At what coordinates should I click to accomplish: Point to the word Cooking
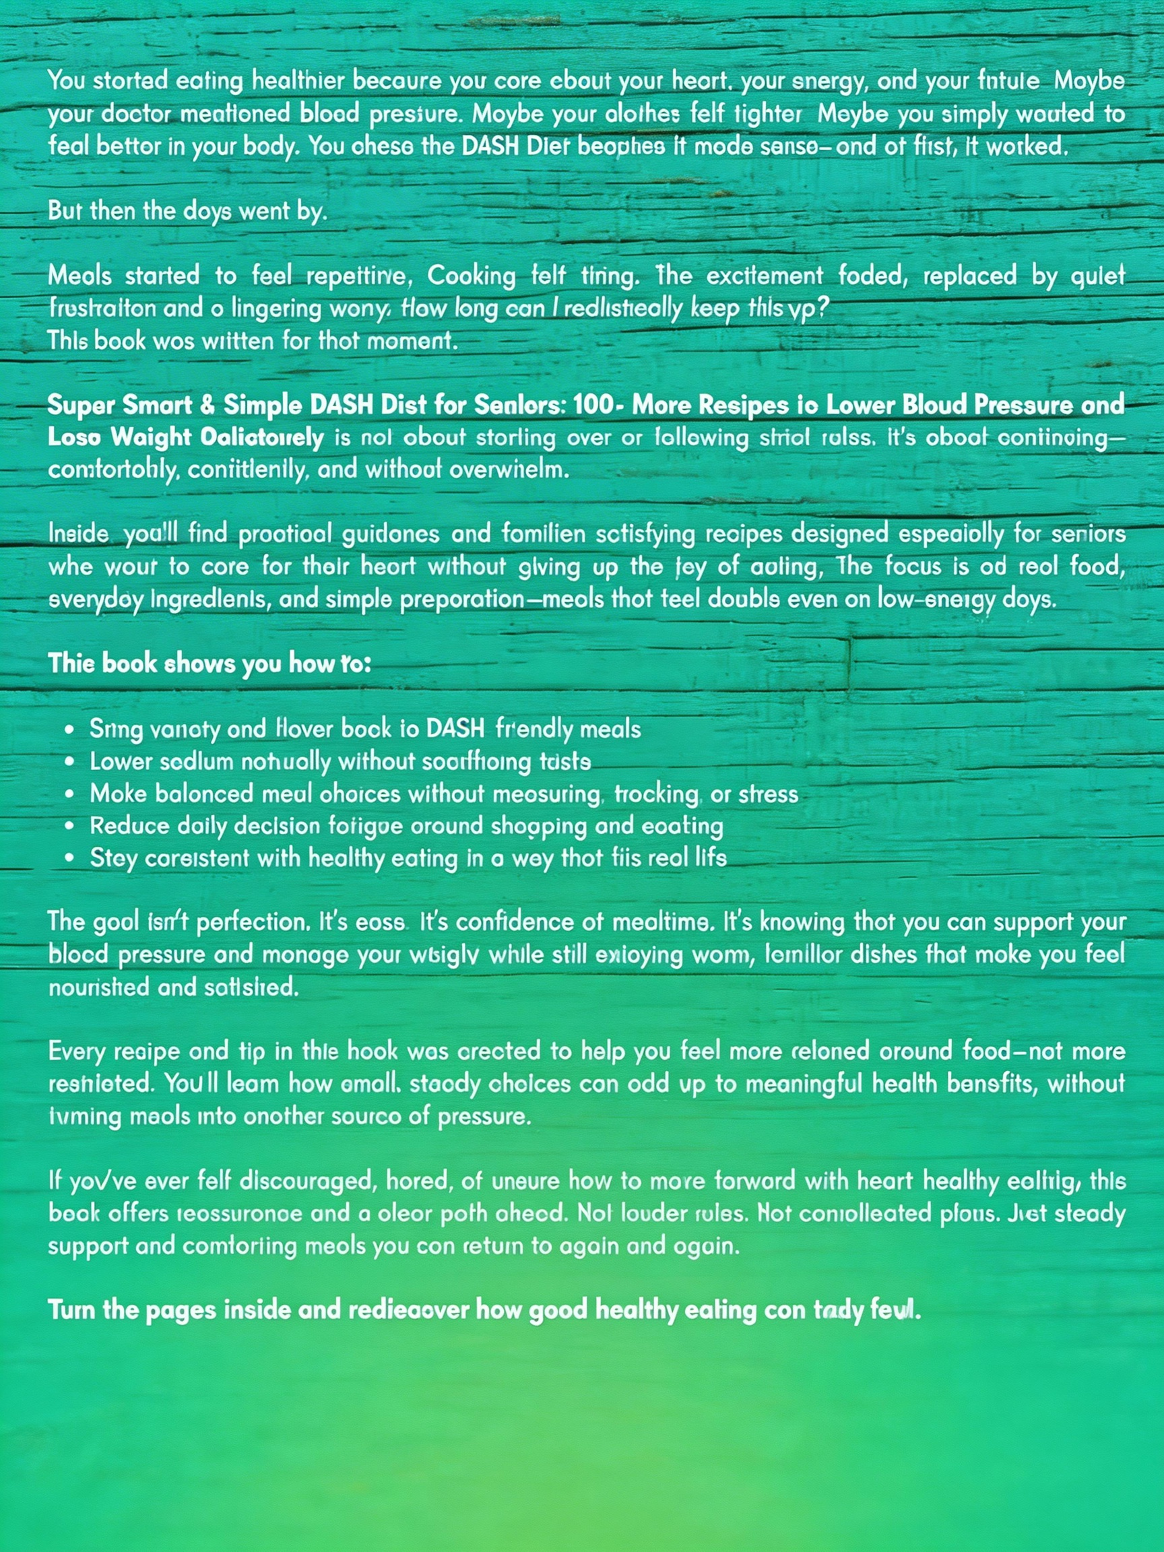(x=472, y=275)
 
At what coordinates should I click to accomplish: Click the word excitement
(x=764, y=275)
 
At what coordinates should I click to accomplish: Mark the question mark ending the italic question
(x=823, y=308)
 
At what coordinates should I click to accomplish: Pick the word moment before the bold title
(x=418, y=341)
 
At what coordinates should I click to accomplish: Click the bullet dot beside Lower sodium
(x=69, y=762)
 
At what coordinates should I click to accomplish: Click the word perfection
(x=253, y=922)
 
